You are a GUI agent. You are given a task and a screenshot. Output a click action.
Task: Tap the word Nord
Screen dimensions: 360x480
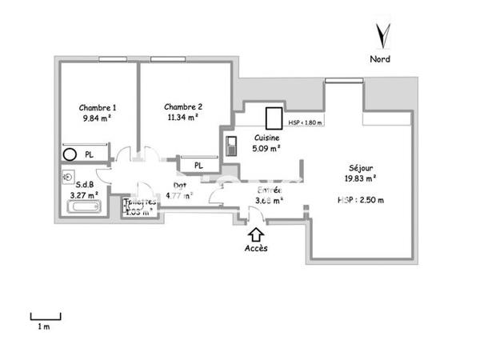(380, 58)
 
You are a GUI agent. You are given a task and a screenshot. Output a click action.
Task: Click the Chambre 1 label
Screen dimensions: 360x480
(98, 108)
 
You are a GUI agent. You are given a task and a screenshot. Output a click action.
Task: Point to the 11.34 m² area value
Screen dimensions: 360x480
(183, 117)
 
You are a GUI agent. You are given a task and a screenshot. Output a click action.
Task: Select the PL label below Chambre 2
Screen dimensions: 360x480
(198, 165)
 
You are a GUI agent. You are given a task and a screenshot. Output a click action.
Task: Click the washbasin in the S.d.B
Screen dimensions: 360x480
(66, 178)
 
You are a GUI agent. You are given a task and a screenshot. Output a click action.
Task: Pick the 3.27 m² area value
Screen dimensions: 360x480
(82, 194)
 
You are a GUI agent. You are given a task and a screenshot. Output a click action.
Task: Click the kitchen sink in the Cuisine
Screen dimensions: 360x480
(231, 146)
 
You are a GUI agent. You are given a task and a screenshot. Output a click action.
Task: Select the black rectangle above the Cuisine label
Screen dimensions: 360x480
(274, 118)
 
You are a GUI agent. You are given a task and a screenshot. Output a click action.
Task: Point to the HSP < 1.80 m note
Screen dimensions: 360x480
(304, 122)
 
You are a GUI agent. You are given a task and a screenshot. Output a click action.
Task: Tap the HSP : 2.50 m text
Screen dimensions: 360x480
(361, 200)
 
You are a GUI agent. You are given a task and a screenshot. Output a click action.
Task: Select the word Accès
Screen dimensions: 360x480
(256, 249)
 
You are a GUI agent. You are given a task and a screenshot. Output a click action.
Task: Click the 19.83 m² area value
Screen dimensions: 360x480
(361, 179)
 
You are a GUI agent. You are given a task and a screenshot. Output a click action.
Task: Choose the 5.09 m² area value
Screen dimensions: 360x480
(266, 148)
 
